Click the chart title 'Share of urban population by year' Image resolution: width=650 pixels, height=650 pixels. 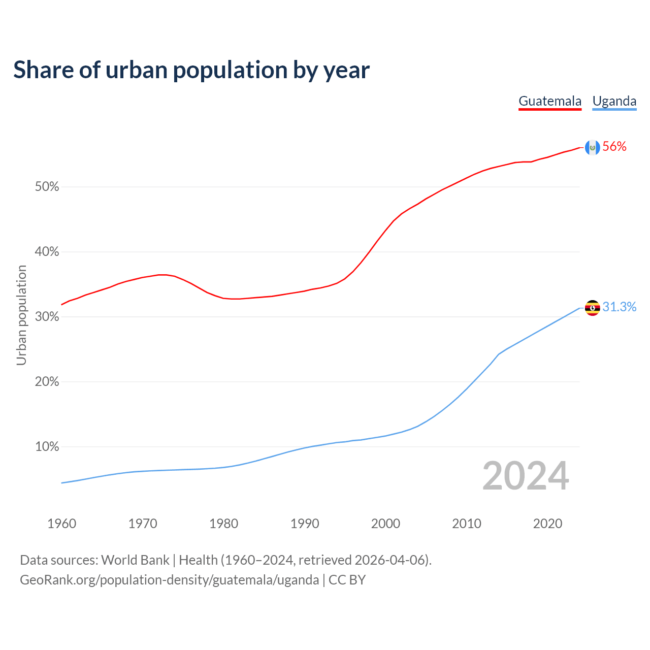[x=191, y=70]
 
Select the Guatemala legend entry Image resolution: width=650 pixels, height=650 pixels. [x=550, y=101]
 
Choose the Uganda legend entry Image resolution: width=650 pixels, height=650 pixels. [x=614, y=101]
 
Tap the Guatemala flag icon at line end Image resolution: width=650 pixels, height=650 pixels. [x=592, y=147]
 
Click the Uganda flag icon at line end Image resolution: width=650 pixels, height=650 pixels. [x=592, y=308]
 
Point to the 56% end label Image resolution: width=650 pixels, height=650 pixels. [x=614, y=147]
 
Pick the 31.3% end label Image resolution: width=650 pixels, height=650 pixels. [x=619, y=307]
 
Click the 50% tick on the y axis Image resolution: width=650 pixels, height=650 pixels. [x=47, y=187]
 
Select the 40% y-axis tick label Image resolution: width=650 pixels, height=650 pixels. [x=47, y=252]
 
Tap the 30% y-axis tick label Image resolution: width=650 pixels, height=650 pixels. [x=47, y=317]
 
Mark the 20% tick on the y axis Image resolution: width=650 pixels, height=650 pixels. [x=47, y=382]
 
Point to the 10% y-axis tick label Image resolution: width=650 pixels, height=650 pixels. [x=47, y=447]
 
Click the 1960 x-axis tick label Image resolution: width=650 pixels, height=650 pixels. [x=61, y=524]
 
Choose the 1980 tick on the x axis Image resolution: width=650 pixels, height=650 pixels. [x=223, y=524]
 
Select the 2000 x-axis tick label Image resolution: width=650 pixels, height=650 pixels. [x=385, y=524]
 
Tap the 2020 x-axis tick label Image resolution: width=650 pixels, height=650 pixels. [x=547, y=524]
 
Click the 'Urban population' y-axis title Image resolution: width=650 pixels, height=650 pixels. [x=21, y=315]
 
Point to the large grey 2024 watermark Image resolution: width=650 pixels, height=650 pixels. [x=526, y=476]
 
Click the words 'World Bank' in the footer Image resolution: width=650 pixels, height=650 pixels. [x=135, y=560]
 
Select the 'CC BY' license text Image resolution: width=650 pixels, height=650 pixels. [x=347, y=580]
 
